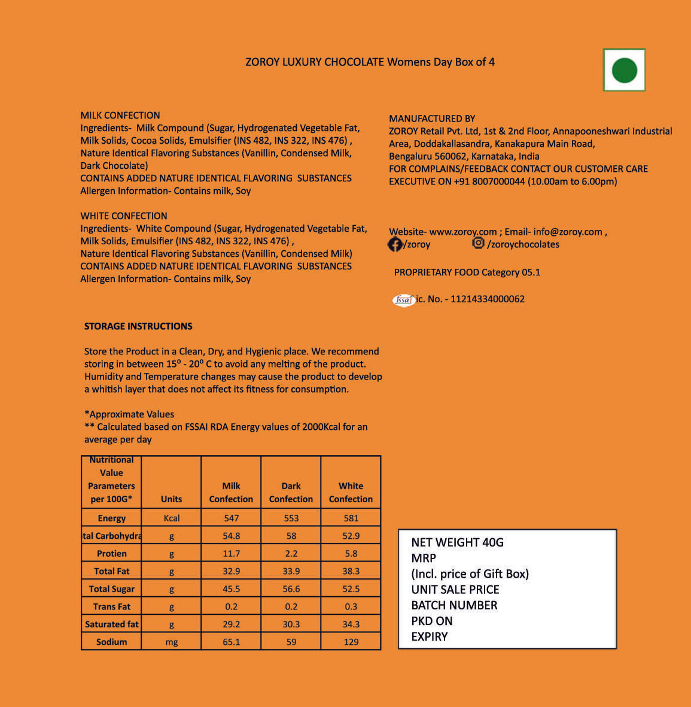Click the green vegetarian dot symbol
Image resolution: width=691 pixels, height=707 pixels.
624,70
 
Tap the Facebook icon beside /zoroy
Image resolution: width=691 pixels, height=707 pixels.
395,244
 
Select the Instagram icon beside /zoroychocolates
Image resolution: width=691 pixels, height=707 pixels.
478,243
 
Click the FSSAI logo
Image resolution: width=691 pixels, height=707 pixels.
404,300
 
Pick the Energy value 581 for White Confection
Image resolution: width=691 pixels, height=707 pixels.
351,518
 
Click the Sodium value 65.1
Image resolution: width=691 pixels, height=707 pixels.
232,642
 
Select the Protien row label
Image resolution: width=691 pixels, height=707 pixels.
112,554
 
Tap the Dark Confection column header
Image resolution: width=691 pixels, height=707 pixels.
291,492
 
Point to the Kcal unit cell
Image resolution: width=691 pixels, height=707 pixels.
172,518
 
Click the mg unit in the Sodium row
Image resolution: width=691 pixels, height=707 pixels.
172,642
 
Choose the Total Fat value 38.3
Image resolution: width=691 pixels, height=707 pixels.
351,571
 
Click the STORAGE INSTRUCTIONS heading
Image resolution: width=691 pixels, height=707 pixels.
138,326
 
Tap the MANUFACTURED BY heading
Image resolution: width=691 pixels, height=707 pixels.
432,119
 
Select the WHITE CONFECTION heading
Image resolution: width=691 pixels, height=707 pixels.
124,216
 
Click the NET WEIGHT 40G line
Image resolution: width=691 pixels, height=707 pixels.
457,542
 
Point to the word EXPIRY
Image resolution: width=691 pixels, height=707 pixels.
429,637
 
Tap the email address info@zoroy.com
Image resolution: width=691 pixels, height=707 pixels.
568,232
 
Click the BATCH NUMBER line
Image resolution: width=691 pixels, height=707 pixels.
454,605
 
